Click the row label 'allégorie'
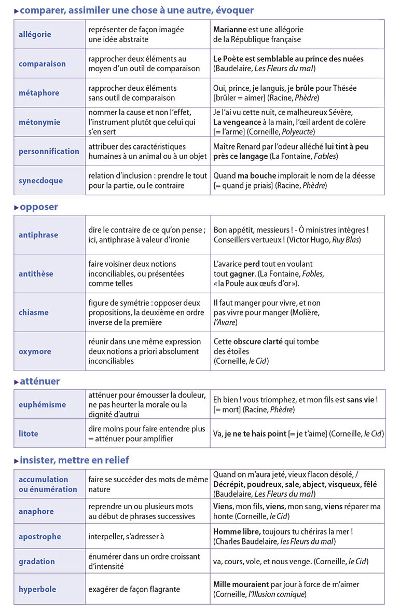tap(35, 35)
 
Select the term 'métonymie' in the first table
tap(39, 122)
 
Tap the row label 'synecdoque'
tap(40, 181)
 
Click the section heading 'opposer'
tap(39, 207)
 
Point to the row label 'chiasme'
tap(34, 312)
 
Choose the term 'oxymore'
tap(35, 351)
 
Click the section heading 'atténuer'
tap(40, 382)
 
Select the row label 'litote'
tap(29, 433)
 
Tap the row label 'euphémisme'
tap(42, 404)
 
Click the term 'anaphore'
tap(36, 511)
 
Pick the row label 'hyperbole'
tap(37, 589)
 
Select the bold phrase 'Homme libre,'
tap(237, 532)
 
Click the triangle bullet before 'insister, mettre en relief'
tap(16, 460)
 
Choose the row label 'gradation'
tap(36, 561)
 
